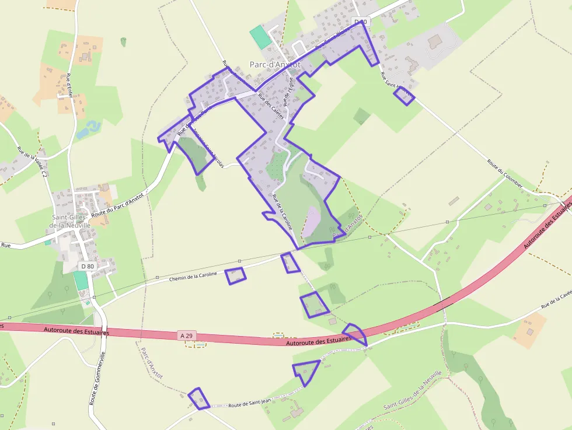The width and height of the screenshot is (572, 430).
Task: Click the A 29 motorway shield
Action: click(x=186, y=335)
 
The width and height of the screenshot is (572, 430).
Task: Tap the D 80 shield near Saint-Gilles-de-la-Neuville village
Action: click(x=87, y=266)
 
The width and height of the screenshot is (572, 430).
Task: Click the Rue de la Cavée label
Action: click(x=555, y=300)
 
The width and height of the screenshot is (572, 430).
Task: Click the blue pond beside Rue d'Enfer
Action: click(x=87, y=130)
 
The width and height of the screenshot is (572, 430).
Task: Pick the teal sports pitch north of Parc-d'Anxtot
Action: click(x=260, y=37)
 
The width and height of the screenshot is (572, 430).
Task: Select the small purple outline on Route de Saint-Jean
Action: click(x=199, y=398)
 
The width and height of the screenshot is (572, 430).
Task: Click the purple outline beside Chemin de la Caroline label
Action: click(x=235, y=275)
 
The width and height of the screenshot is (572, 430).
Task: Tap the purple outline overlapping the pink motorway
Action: click(x=355, y=334)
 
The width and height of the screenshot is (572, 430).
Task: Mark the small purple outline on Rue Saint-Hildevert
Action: click(x=404, y=96)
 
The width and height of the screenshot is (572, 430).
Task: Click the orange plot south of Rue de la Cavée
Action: click(x=530, y=330)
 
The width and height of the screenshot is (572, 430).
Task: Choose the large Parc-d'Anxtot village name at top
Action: click(x=274, y=65)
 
